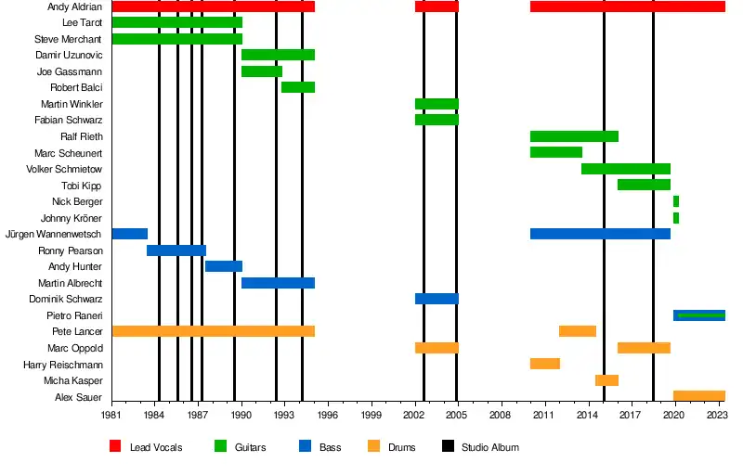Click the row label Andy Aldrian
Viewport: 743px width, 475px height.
click(74, 6)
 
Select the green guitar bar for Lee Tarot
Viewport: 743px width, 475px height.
click(176, 22)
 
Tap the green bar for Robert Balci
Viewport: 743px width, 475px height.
click(298, 87)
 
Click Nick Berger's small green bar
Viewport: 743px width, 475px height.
click(676, 201)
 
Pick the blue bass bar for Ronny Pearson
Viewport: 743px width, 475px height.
click(176, 250)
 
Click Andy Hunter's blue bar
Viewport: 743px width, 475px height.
click(224, 266)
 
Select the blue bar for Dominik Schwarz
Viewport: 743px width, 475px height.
click(437, 299)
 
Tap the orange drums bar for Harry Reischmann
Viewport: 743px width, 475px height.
click(545, 364)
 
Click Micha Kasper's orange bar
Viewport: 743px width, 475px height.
click(606, 380)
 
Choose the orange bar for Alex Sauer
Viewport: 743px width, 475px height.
click(699, 396)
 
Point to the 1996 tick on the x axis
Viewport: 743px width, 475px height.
click(329, 417)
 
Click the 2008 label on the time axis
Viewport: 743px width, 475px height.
click(502, 417)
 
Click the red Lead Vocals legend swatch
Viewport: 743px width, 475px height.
click(116, 447)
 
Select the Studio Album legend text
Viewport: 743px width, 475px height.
click(489, 447)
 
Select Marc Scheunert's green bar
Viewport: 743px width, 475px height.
click(556, 152)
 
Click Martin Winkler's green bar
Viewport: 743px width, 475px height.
click(437, 104)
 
